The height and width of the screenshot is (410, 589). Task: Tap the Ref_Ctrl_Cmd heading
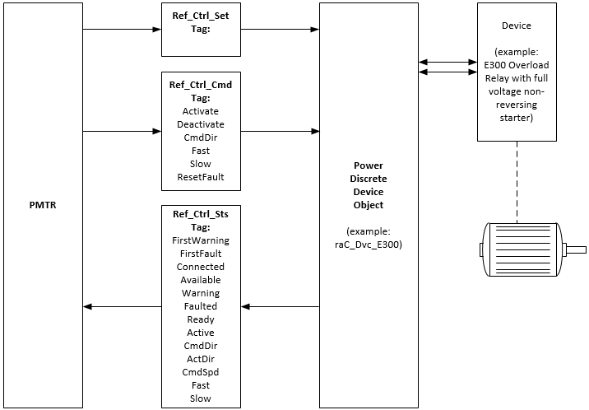tap(201, 84)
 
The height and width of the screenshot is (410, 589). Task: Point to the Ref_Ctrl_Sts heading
tap(201, 214)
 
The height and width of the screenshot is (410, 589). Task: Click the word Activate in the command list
tap(201, 110)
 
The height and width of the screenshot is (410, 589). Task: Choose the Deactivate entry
tap(201, 123)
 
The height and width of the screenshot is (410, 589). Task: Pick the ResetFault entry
tap(201, 176)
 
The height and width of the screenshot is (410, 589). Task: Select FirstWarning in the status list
tap(201, 240)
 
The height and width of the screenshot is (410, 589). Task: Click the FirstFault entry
tap(201, 254)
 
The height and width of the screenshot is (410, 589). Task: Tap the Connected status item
tap(201, 267)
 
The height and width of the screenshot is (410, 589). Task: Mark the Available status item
tap(201, 280)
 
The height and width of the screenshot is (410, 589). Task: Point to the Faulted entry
tap(201, 306)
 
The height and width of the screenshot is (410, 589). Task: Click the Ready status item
tap(201, 319)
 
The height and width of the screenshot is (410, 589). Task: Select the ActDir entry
tap(201, 359)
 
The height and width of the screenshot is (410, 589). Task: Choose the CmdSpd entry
tap(201, 372)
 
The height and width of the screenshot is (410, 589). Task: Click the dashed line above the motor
tap(517, 181)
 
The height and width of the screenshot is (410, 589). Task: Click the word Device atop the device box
tap(516, 26)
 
